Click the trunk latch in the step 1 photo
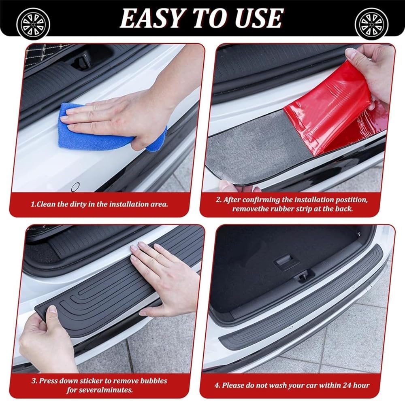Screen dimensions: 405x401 click(x=81, y=62)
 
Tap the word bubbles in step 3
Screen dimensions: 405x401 click(x=153, y=381)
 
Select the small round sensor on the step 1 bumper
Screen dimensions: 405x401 click(x=76, y=186)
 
